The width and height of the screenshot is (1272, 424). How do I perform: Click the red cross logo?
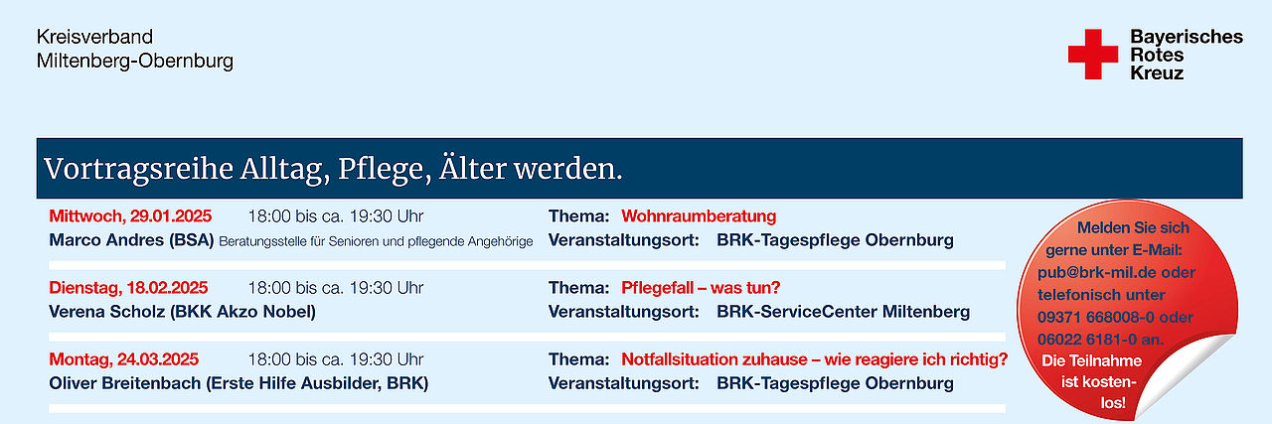tap(1092, 54)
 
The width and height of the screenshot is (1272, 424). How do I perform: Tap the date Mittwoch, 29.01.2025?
tap(130, 216)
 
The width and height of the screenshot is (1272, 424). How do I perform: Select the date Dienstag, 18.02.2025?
tap(128, 288)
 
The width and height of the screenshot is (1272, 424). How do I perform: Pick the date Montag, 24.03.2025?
tap(124, 359)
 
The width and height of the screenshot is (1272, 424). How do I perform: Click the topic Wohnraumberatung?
tap(699, 216)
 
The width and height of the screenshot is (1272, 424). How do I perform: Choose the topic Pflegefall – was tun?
tap(701, 288)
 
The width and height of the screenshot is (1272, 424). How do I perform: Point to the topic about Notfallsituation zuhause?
tap(814, 359)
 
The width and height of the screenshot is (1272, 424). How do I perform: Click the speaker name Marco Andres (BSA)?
tap(131, 240)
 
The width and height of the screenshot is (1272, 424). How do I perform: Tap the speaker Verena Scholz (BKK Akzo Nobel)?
tap(182, 312)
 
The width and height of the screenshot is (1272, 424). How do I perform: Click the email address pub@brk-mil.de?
tap(1089, 272)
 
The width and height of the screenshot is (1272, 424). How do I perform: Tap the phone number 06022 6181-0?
tap(1087, 340)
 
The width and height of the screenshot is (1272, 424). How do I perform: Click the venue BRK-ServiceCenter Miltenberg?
tap(844, 312)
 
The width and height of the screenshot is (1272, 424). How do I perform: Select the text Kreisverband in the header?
tap(94, 37)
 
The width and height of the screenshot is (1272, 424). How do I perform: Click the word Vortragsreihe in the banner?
tap(138, 169)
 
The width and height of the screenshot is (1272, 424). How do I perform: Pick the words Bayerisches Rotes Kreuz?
tap(1187, 55)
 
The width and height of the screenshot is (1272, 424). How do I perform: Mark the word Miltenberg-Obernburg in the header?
tap(135, 62)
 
